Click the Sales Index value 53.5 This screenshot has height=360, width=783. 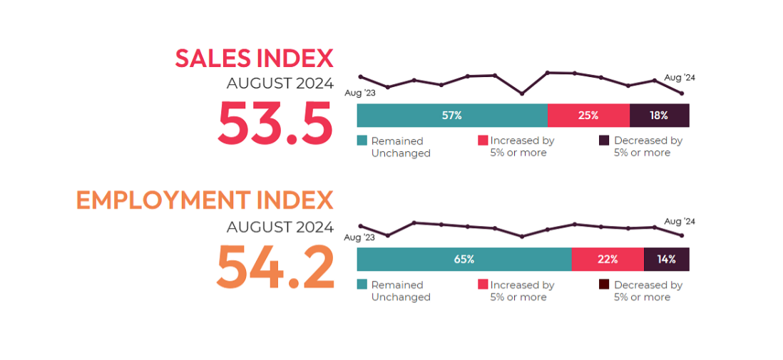coord(275,123)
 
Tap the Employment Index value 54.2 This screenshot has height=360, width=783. coord(275,266)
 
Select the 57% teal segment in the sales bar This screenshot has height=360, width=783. coord(451,115)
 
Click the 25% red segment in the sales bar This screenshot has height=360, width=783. coord(588,115)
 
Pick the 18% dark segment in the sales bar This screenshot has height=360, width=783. coord(659,115)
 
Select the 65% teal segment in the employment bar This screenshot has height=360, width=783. coord(464,259)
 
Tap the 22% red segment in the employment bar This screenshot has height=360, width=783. coord(608,259)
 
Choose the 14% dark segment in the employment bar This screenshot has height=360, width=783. coord(666,259)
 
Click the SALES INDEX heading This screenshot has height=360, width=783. coord(254,58)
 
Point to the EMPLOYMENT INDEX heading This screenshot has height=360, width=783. coord(205,201)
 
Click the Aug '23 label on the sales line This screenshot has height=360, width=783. coord(359,93)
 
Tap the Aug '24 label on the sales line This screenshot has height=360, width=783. coord(679,77)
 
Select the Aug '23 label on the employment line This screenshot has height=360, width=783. coord(359,237)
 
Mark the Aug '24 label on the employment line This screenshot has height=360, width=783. coord(679,221)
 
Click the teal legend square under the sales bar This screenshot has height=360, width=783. coord(362,141)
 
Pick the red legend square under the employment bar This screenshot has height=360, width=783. coord(483,285)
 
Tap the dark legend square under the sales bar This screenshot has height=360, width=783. coord(603,141)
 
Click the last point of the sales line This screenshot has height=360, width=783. coord(682,93)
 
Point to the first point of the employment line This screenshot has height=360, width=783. coord(360,226)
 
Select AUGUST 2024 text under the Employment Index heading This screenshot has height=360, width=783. coord(280,227)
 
